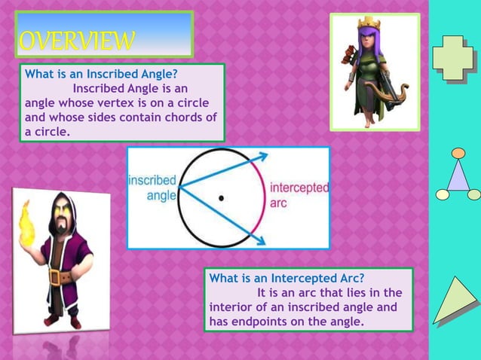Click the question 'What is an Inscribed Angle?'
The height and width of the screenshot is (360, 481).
coord(102,75)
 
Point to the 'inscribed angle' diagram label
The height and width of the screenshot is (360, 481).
coord(152,188)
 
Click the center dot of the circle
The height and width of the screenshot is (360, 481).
coord(221,198)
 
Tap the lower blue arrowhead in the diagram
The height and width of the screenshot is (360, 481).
coord(260,240)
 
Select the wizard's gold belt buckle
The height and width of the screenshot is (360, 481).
coord(55,276)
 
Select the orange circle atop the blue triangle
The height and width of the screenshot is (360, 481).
coord(458,153)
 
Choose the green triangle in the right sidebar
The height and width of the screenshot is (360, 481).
coord(455,302)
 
